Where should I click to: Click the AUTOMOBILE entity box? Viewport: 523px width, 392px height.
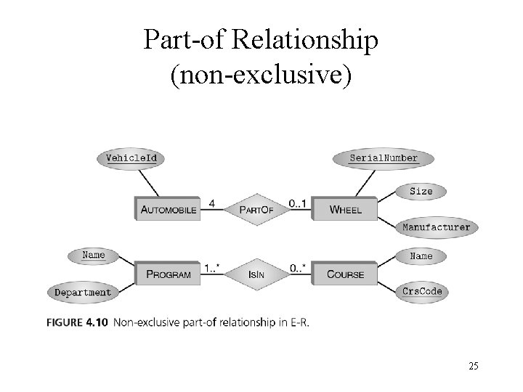167,209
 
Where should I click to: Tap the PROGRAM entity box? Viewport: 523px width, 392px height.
168,274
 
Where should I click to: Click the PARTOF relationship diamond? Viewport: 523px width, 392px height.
255,209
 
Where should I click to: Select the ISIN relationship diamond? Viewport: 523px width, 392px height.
255,274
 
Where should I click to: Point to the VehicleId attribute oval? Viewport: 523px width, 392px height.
131,158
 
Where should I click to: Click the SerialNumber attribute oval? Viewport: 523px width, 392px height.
384,158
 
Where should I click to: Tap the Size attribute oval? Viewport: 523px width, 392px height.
421,192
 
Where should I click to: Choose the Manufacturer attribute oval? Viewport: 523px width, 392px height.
436,226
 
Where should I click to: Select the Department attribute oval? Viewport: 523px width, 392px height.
84,293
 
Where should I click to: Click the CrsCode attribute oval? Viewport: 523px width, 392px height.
421,292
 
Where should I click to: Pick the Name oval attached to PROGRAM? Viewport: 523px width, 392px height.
93,255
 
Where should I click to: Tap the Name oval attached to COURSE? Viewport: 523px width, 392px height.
421,256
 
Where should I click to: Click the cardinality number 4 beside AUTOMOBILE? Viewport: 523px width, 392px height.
211,204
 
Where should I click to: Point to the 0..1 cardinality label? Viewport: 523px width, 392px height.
296,204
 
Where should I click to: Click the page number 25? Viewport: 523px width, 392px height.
473,366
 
